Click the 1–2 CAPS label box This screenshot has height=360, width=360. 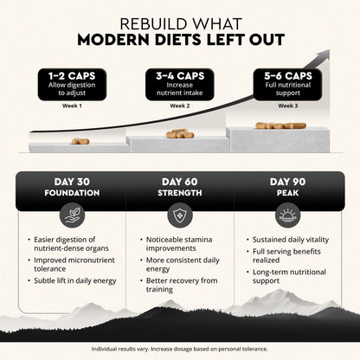point(72,84)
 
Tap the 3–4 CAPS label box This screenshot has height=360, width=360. point(180,84)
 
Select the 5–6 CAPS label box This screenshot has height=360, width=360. point(287,84)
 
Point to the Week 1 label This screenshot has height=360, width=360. point(72,106)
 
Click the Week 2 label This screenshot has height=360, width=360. point(180,106)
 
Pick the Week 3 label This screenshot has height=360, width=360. point(288,106)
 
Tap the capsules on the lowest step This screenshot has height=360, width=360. point(80,141)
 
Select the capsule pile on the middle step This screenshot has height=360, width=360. point(180,133)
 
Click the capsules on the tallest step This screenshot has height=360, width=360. point(280,125)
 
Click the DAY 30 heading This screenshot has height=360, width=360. point(72,182)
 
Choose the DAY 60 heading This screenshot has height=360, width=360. point(180,182)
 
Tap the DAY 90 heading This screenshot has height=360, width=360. point(287,182)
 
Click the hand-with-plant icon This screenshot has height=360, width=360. point(72,215)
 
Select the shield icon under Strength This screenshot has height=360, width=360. point(180,215)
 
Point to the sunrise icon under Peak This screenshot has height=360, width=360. point(287,215)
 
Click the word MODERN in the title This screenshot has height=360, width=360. point(113,40)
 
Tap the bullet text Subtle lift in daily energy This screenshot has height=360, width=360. point(75,281)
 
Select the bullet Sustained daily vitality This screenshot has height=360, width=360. point(291,240)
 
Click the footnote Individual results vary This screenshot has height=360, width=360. point(120,349)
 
